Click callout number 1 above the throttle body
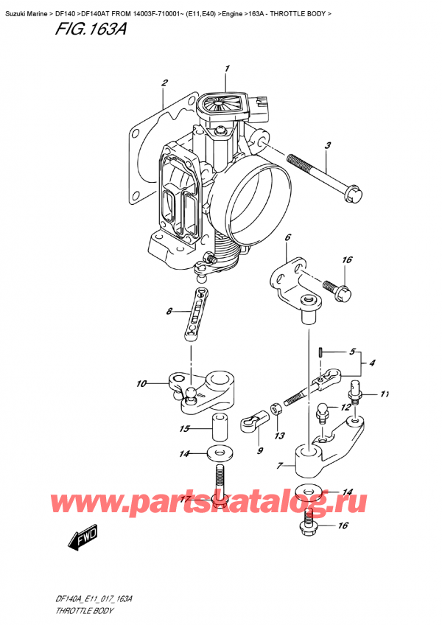(x=227, y=69)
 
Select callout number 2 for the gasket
(x=165, y=83)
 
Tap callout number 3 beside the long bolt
(x=327, y=145)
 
